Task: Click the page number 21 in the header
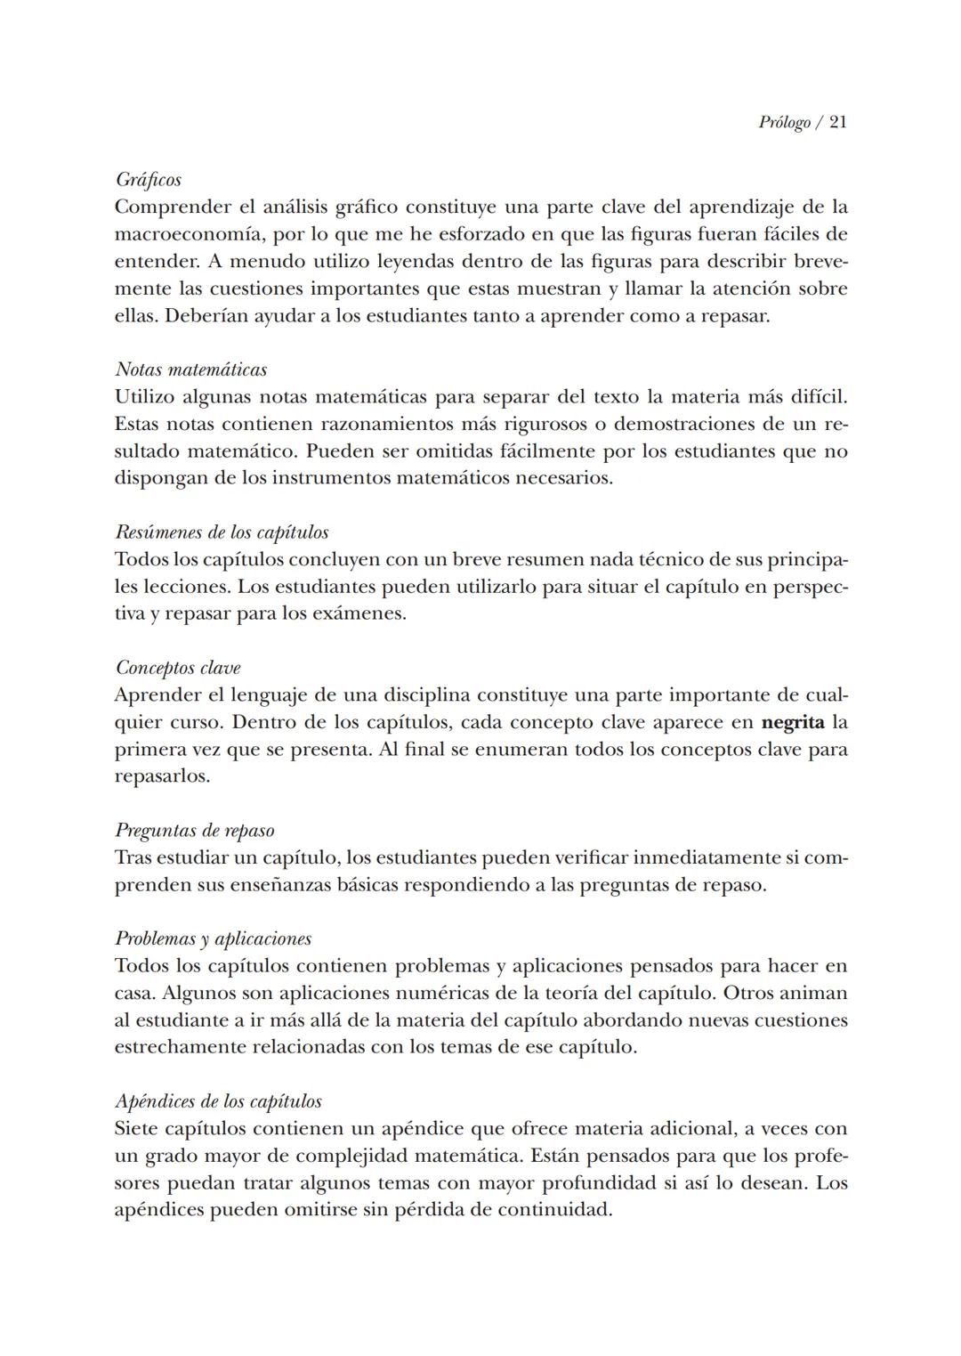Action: coord(837,123)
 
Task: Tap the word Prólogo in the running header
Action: coord(784,123)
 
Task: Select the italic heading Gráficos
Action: coord(149,180)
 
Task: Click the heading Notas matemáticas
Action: coord(191,369)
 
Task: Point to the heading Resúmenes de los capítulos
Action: coord(222,532)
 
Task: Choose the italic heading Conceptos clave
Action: coord(178,668)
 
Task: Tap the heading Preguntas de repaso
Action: coord(195,831)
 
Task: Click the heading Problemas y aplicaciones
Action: coord(214,938)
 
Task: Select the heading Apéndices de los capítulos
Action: coord(219,1101)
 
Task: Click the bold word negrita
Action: coord(793,722)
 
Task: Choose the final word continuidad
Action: coord(554,1211)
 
